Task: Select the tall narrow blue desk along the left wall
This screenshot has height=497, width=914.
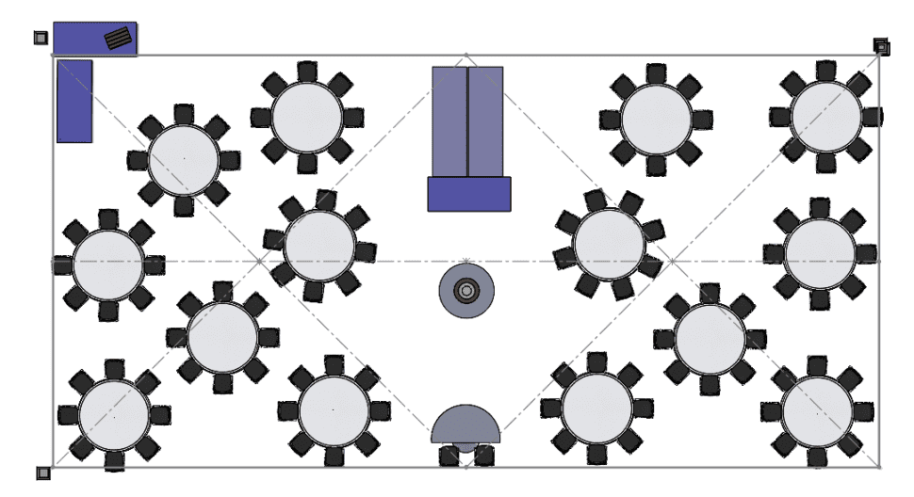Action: pyautogui.click(x=74, y=101)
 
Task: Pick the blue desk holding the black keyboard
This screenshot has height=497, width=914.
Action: pyautogui.click(x=85, y=39)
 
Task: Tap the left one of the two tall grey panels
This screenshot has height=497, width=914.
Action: pyautogui.click(x=449, y=121)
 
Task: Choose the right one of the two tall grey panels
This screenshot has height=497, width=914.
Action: pyautogui.click(x=485, y=121)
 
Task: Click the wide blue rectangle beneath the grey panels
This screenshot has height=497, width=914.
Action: pyautogui.click(x=469, y=194)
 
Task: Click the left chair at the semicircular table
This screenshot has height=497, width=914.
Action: pyautogui.click(x=450, y=456)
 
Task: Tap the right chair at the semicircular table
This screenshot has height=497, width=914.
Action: pyautogui.click(x=483, y=456)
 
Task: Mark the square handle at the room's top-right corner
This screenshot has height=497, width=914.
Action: pyautogui.click(x=880, y=44)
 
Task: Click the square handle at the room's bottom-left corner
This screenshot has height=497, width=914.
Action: pyautogui.click(x=41, y=473)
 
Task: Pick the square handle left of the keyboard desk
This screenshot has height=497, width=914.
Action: pyautogui.click(x=40, y=38)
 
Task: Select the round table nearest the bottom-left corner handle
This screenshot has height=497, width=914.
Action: pyautogui.click(x=114, y=414)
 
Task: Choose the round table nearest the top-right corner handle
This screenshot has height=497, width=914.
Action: pyautogui.click(x=826, y=116)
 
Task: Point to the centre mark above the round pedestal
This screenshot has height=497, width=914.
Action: pyautogui.click(x=466, y=261)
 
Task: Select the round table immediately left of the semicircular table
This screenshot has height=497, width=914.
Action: pyautogui.click(x=334, y=409)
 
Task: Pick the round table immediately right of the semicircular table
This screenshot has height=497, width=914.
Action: pyautogui.click(x=597, y=407)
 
